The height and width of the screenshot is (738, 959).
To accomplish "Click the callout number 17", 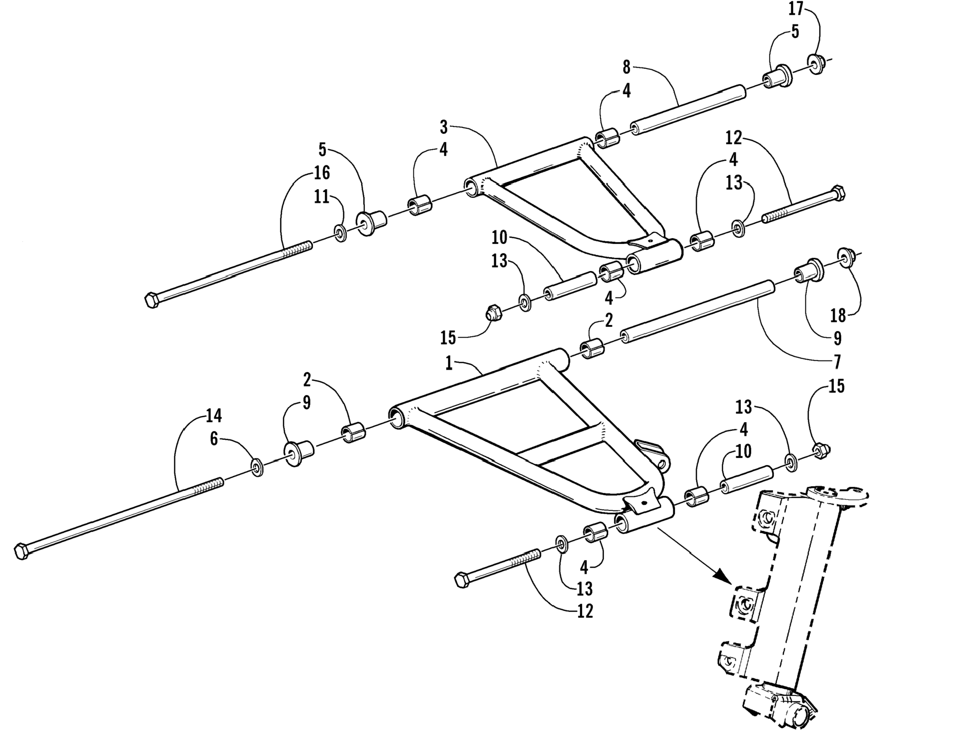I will click(796, 9).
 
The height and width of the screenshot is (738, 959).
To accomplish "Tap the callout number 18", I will click(838, 315).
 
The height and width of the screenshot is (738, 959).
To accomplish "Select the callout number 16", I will click(322, 173).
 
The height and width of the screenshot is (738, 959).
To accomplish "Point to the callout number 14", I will click(214, 415).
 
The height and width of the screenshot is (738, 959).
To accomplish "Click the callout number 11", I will click(322, 196).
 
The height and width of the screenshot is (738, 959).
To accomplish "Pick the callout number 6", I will click(214, 439).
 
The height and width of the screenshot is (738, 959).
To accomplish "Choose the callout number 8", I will click(626, 67).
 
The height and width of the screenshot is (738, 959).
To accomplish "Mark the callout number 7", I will click(837, 362).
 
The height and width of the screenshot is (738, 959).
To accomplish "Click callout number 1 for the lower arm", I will click(449, 363).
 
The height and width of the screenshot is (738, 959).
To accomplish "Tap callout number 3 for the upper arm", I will click(444, 127).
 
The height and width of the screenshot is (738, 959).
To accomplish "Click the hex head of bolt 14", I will click(21, 551).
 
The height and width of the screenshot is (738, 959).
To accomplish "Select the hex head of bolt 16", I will click(151, 300).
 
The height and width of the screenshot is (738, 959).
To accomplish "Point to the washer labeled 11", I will click(340, 233).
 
